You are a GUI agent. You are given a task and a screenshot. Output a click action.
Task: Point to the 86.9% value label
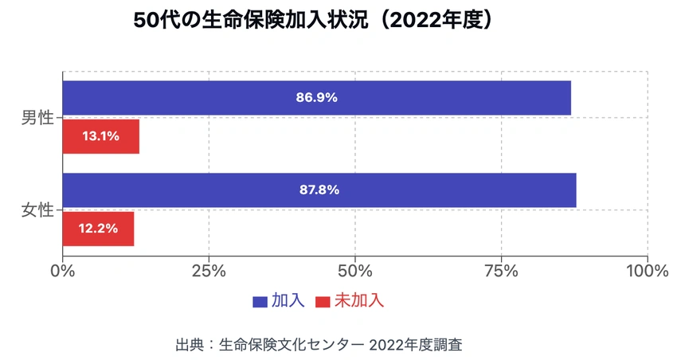317,98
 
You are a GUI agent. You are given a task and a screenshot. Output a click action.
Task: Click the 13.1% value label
100,136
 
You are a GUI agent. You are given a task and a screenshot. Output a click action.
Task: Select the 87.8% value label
319,190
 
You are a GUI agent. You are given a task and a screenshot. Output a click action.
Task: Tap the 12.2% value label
98,229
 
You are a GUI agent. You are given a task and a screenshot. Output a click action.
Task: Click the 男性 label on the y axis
37,118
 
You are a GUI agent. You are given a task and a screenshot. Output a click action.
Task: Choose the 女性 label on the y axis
37,210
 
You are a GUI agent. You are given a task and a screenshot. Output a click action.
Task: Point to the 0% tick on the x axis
62,271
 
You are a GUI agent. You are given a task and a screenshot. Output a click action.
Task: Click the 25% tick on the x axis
209,271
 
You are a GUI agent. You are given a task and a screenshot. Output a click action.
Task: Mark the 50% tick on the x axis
355,271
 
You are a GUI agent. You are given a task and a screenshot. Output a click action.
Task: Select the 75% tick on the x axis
502,271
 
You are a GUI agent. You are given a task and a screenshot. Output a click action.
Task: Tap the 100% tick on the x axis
647,271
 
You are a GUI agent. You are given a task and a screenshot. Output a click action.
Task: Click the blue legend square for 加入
260,302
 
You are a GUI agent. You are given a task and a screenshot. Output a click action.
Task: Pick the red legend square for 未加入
323,302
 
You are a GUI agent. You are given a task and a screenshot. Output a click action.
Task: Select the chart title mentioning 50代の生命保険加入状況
313,21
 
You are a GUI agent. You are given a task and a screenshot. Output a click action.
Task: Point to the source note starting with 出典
319,345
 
